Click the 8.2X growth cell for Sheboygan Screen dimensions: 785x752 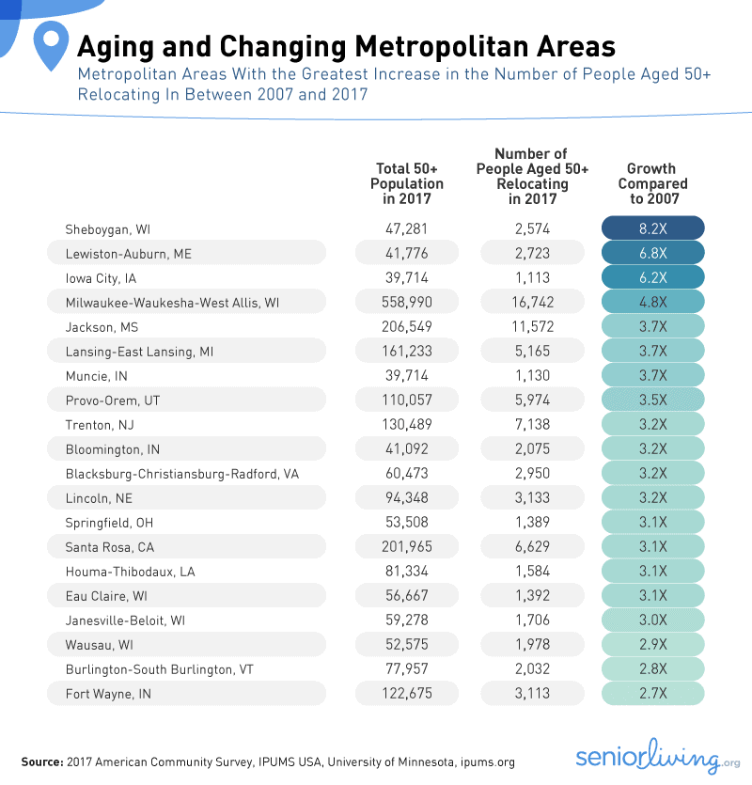tap(653, 228)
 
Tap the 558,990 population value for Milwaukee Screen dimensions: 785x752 tap(407, 302)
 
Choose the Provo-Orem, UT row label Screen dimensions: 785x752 tap(113, 400)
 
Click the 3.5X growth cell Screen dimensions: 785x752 tap(653, 400)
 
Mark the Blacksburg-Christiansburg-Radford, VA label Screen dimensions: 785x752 tap(182, 473)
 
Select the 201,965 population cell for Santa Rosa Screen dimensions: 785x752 tap(407, 546)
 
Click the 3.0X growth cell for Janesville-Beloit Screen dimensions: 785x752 tap(653, 620)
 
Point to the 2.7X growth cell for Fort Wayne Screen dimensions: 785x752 tap(653, 693)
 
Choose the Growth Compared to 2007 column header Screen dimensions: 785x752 tap(653, 184)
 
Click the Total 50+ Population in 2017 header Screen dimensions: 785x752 tap(407, 184)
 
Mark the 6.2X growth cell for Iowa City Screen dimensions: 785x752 tap(653, 277)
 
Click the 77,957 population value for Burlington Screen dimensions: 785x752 tap(407, 668)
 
